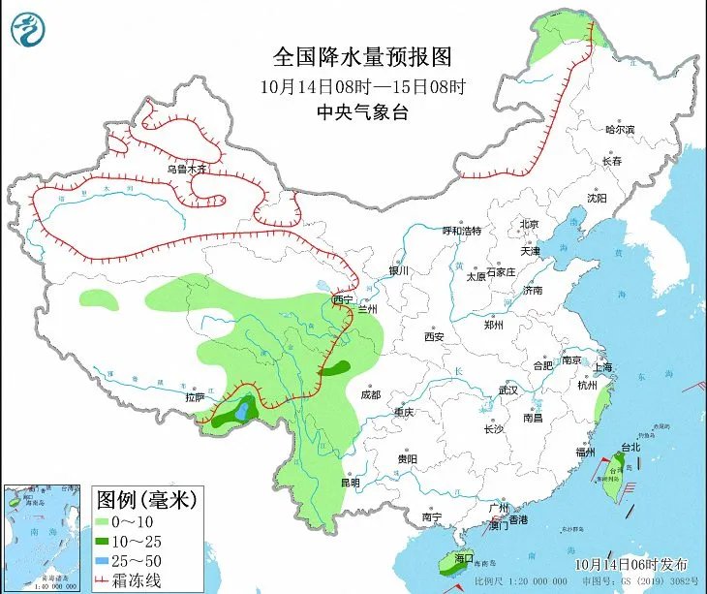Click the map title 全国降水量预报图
pos(362,55)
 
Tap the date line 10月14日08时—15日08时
pos(363,85)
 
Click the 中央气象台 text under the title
pos(363,112)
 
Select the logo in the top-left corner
pos(29,28)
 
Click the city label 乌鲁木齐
pos(186,169)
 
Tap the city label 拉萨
pos(195,397)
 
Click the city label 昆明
pos(350,483)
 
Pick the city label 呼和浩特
pos(461,231)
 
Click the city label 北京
pos(529,224)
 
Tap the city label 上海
pos(602,367)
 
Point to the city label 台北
pos(630,448)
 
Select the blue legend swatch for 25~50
pos(104,560)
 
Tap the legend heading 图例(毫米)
pos(146,501)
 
